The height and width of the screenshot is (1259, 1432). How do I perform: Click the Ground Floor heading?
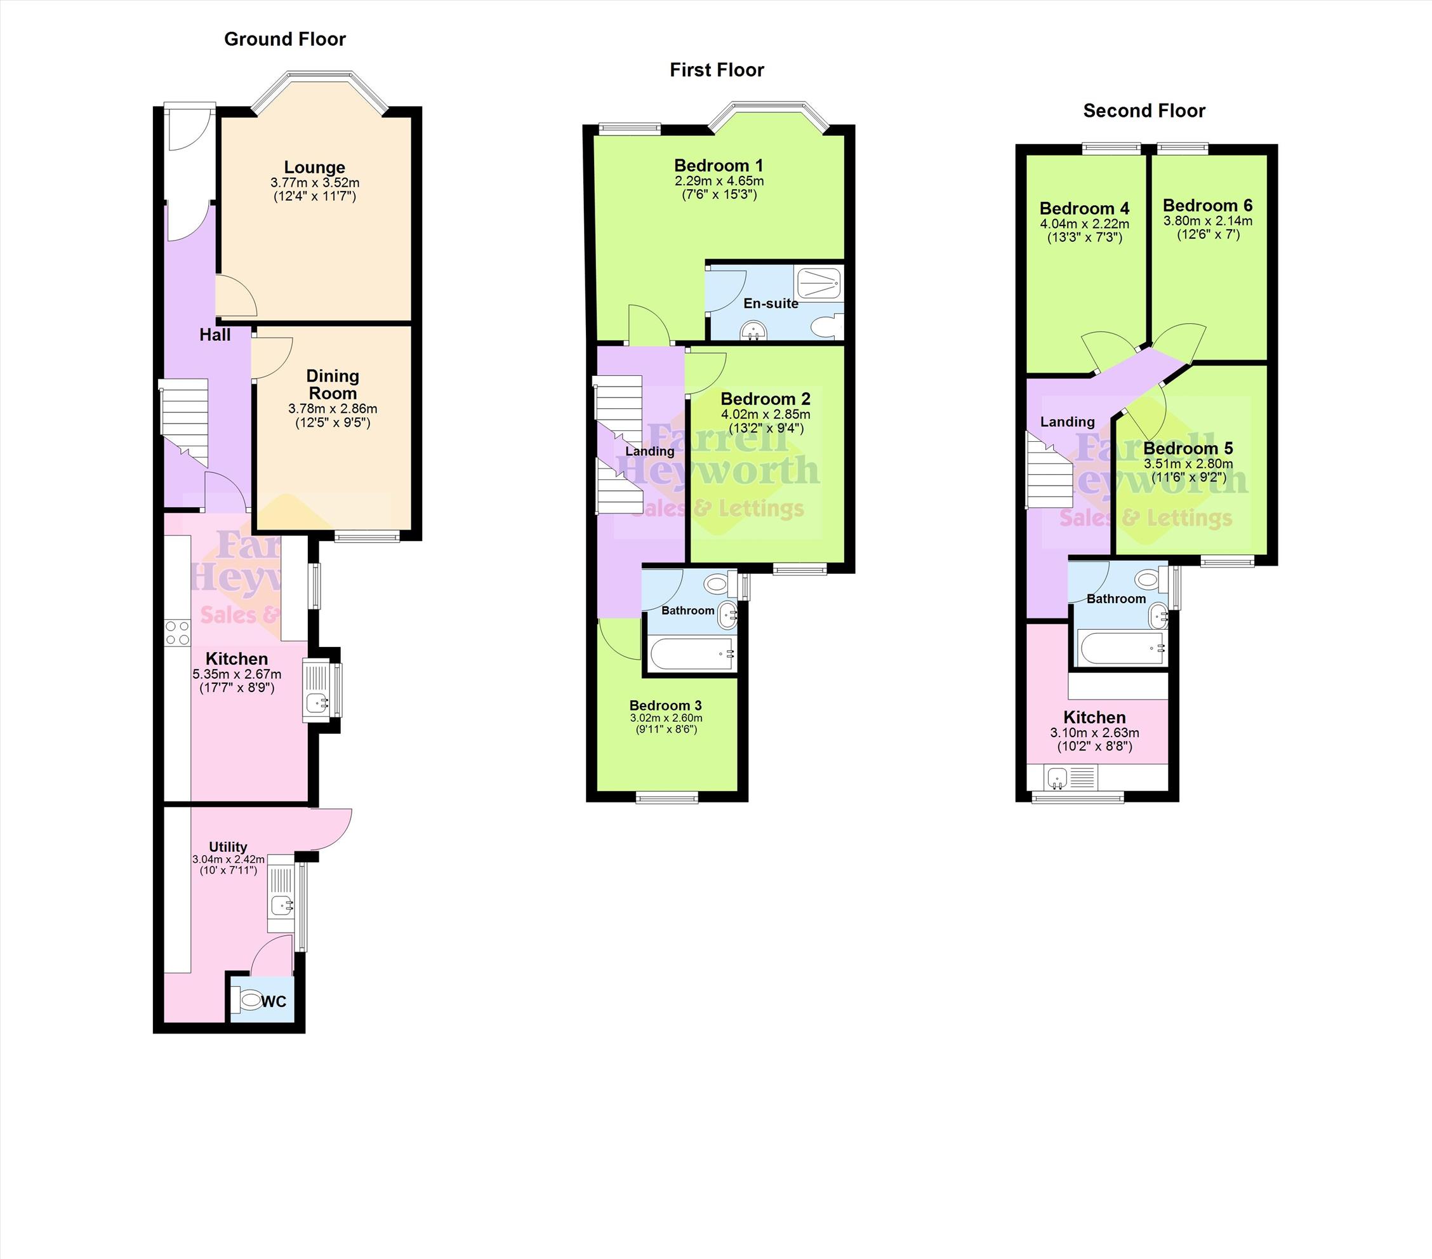tap(284, 39)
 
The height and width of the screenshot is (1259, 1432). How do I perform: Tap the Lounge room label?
tap(315, 167)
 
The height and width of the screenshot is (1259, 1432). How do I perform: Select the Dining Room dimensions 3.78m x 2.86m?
tap(333, 408)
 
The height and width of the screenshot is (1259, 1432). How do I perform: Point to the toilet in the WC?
tap(248, 1000)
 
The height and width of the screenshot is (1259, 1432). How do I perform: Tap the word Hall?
tap(215, 335)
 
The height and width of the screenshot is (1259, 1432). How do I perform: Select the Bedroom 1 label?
tap(719, 165)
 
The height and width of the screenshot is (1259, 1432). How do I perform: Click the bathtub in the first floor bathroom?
tap(691, 655)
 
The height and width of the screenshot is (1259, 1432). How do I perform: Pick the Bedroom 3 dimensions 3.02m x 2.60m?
tap(666, 718)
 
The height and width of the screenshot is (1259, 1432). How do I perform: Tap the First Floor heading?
tap(717, 70)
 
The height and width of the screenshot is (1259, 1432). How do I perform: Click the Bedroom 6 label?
tap(1208, 205)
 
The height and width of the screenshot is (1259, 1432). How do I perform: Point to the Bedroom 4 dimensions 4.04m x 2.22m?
tap(1085, 224)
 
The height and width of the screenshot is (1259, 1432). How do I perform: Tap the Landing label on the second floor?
tap(1067, 422)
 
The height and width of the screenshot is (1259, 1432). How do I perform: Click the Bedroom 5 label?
tap(1188, 448)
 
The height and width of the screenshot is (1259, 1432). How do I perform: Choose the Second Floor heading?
tap(1144, 110)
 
